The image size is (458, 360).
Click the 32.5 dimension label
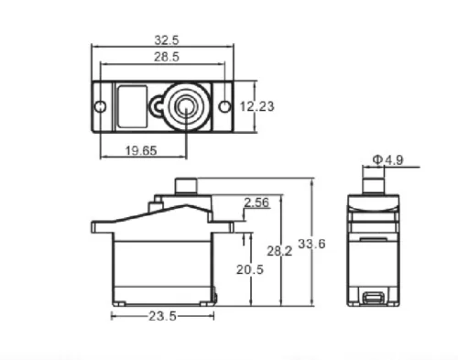[167, 40]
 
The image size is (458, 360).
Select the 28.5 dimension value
[167, 57]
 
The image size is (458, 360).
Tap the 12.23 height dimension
[256, 106]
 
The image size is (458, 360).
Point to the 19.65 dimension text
[141, 150]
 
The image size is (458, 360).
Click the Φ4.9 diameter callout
[387, 159]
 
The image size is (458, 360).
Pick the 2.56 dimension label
[256, 202]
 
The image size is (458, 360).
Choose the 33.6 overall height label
[311, 244]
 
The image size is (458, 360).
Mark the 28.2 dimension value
[279, 251]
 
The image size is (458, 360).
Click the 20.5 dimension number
[250, 269]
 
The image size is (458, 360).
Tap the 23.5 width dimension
[162, 316]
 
